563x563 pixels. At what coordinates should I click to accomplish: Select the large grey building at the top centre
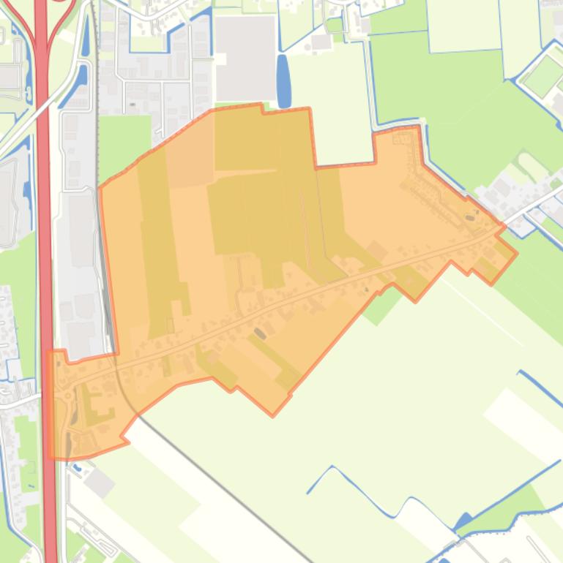pyautogui.click(x=245, y=57)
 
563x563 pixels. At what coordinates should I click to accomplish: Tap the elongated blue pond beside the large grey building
pyautogui.click(x=283, y=80)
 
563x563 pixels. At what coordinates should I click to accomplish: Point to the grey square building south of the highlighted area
pyautogui.click(x=99, y=483)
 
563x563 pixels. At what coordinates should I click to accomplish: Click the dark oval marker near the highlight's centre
pyautogui.click(x=260, y=333)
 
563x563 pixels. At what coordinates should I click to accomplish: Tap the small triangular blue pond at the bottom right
pyautogui.click(x=463, y=521)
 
